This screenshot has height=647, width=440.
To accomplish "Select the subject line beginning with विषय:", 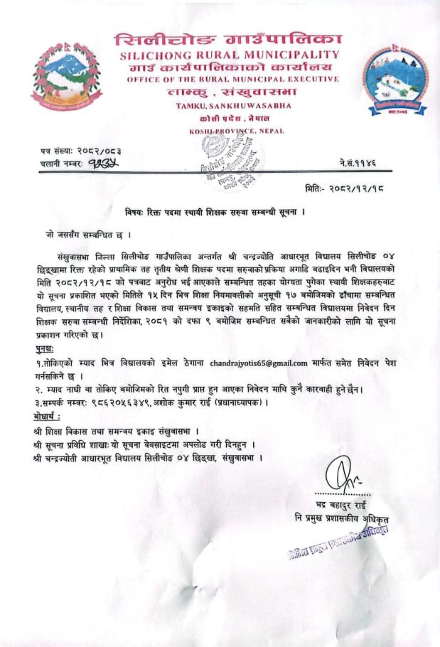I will click(x=220, y=211).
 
